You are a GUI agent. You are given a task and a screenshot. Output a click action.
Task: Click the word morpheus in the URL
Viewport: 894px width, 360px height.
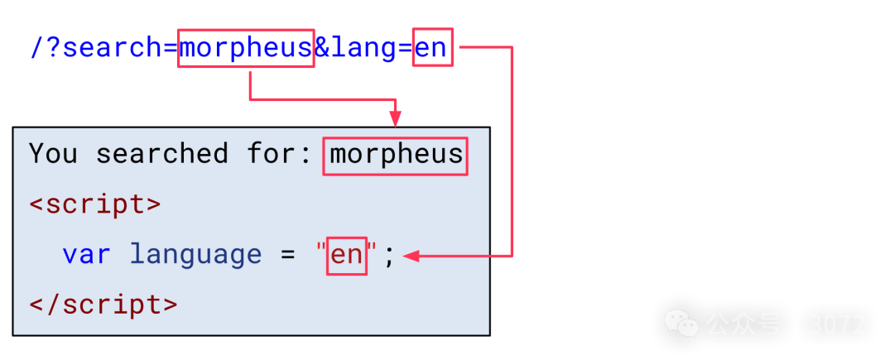pos(246,49)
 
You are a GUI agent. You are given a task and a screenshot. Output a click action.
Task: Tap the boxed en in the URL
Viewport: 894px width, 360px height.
pos(432,49)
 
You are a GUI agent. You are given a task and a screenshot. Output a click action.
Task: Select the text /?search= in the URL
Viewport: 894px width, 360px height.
pos(103,49)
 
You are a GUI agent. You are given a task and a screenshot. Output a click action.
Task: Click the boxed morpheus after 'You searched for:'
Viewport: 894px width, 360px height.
pos(396,155)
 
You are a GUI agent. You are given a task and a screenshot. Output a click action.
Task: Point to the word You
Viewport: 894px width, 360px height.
pos(54,155)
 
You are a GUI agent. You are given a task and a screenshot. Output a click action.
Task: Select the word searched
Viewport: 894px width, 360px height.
pos(161,155)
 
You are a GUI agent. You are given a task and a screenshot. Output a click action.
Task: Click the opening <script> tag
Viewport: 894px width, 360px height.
pos(95,204)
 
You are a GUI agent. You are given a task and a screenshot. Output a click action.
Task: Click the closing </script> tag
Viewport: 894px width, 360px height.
pos(103,304)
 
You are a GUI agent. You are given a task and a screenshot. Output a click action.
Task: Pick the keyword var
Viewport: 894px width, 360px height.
pos(86,254)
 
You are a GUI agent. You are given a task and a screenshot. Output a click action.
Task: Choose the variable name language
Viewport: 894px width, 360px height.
pos(195,254)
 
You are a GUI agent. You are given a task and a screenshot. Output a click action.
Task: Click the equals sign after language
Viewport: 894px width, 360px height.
pos(287,254)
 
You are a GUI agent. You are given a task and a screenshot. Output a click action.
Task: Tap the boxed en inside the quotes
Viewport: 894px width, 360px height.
pos(347,255)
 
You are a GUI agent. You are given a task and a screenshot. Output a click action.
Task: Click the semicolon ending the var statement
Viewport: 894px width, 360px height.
pos(389,256)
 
